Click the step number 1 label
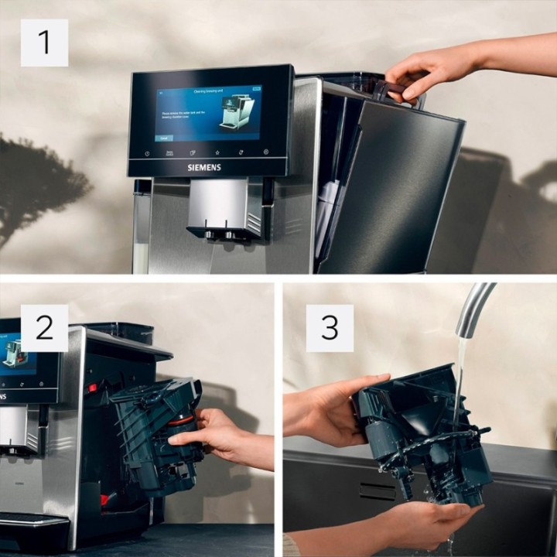coord(44,43)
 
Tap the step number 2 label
coord(44,328)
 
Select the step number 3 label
coord(330,328)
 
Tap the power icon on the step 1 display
coord(147,153)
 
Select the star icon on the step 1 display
coord(217,152)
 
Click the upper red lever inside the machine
coord(92,388)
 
